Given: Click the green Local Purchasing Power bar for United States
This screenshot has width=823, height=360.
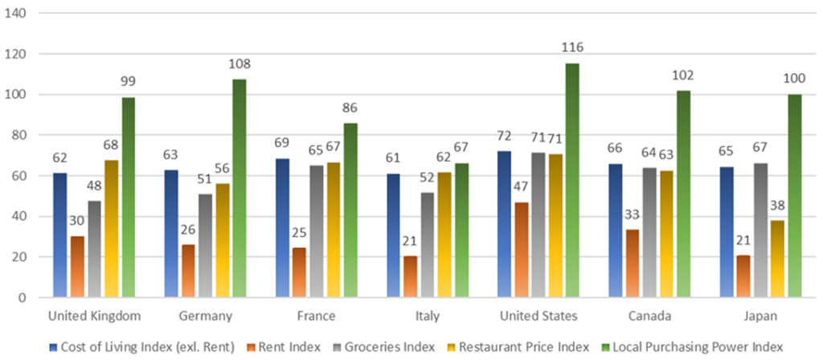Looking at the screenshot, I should (x=572, y=181).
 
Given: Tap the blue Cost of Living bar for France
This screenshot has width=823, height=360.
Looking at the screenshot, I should (x=283, y=228).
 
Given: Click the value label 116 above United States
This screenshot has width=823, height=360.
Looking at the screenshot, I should (x=572, y=49).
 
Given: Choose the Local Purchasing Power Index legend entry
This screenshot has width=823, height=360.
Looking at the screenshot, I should (x=696, y=347).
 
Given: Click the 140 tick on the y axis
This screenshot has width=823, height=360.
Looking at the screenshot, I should (x=16, y=14).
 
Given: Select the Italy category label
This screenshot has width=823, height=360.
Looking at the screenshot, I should (x=427, y=314).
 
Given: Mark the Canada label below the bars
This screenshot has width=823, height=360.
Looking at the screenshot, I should (x=661, y=314).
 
